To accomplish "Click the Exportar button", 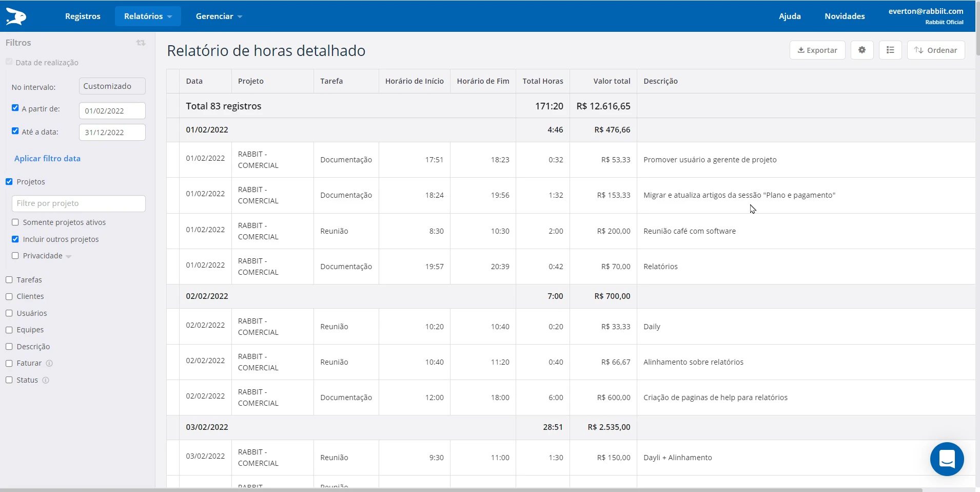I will [817, 50].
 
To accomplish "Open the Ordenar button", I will [936, 50].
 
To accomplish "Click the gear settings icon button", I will [862, 50].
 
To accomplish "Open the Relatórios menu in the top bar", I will [147, 16].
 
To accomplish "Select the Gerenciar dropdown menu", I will [219, 16].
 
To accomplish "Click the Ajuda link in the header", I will [790, 16].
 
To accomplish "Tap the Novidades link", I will [845, 16].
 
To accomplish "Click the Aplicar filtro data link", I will [47, 159].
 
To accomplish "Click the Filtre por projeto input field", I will [79, 203].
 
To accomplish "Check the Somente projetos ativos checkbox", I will [15, 222].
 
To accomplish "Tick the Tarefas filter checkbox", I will [9, 280].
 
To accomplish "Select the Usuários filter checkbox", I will [9, 313].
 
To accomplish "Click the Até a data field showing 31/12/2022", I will [112, 133].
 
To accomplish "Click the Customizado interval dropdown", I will [112, 86].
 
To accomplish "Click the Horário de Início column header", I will [414, 81].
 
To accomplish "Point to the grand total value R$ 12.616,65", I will [603, 106].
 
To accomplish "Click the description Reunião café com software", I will [690, 231].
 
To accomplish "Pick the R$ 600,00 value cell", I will [614, 398].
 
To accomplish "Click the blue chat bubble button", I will [947, 459].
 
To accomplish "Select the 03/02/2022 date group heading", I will [207, 427].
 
